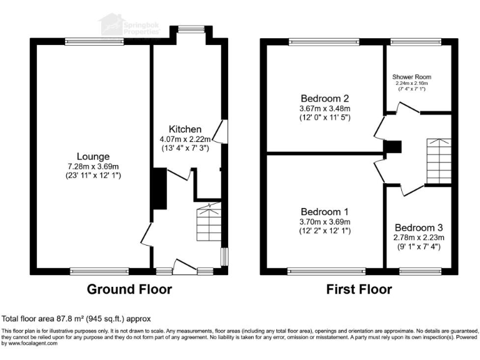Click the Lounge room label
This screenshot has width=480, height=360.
click(x=93, y=156)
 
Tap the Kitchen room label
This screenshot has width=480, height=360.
click(x=185, y=129)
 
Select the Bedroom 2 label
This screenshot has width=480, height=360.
click(x=324, y=98)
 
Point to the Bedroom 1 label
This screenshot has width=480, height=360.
click(x=324, y=212)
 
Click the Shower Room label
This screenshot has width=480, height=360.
click(x=411, y=77)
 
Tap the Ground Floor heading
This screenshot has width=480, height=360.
click(x=129, y=289)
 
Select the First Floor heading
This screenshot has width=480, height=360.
click(x=359, y=289)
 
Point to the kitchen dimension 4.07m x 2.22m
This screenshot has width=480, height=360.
click(x=185, y=139)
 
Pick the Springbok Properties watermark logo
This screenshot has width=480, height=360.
click(x=130, y=25)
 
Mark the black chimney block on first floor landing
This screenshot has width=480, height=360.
click(x=392, y=147)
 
